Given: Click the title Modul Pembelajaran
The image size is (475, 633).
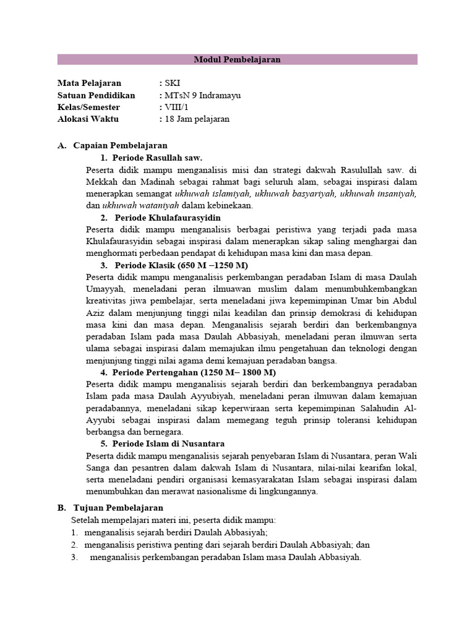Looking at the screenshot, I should coord(237,60).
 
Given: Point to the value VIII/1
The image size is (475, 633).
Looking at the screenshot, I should coord(176,107).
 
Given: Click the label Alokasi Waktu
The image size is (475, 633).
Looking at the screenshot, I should coord(88,119).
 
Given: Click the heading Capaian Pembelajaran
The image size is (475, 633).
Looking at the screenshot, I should coord(120,146).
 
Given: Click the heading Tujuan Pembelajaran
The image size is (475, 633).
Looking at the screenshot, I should coord(118,508).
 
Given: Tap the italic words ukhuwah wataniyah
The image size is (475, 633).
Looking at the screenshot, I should coord(140,205).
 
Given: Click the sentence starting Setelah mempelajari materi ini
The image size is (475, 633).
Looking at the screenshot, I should coord(174,520).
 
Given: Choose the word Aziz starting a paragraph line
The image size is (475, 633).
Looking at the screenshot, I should coord(96,313).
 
